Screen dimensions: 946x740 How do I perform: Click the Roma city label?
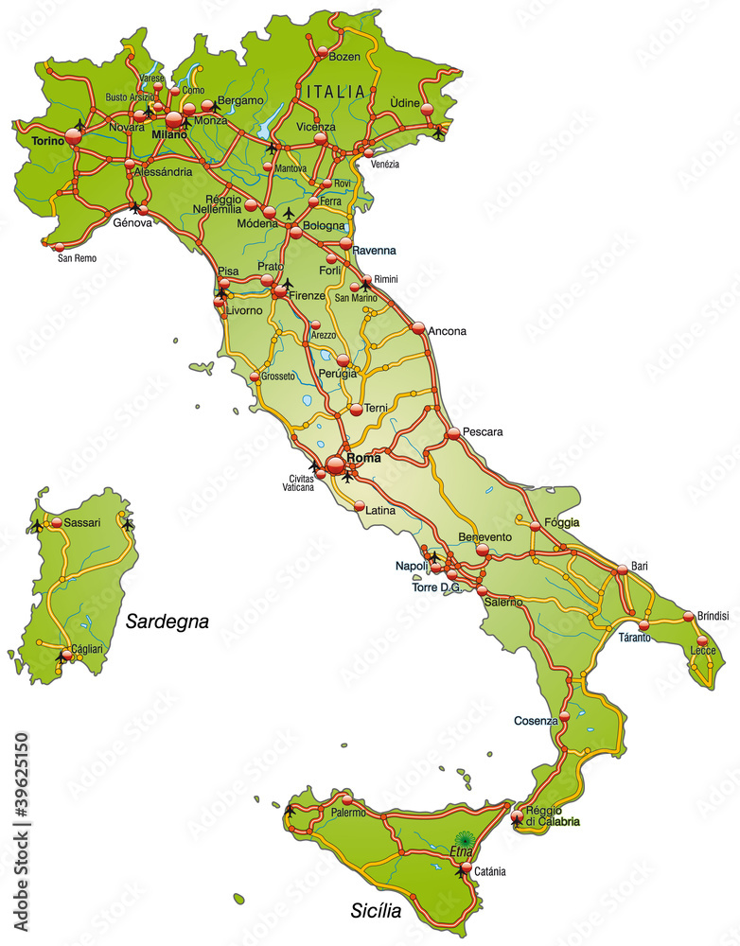pyautogui.click(x=364, y=458)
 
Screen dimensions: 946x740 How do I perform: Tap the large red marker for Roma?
pyautogui.click(x=336, y=464)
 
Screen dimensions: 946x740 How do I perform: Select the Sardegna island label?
pyautogui.click(x=167, y=622)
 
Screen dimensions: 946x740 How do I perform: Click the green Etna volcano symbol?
pyautogui.click(x=464, y=838)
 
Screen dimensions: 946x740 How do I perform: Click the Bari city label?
pyautogui.click(x=641, y=566)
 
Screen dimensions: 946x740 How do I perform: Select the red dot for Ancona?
pyautogui.click(x=418, y=328)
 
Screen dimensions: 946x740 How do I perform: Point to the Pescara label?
pyautogui.click(x=483, y=432)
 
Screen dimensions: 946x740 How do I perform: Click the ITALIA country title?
pyautogui.click(x=335, y=92)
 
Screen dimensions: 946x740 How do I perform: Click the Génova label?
pyautogui.click(x=132, y=223)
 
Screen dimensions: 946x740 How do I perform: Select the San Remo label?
pyautogui.click(x=77, y=257)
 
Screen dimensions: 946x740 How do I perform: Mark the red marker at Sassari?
pyautogui.click(x=57, y=522)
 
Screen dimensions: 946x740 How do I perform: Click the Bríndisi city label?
pyautogui.click(x=713, y=616)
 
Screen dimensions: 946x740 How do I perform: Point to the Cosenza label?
pyautogui.click(x=536, y=721)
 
